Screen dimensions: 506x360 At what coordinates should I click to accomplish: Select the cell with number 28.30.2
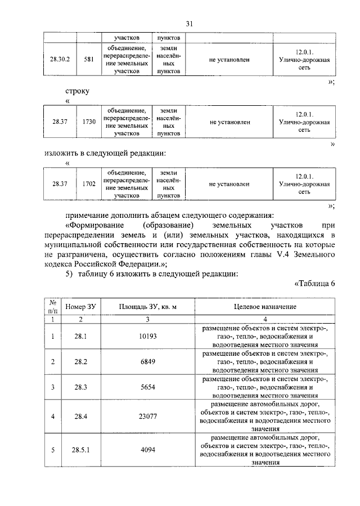tap(60, 59)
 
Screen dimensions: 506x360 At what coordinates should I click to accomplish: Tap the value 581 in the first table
tap(88, 59)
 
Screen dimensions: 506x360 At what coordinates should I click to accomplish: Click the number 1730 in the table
tap(88, 122)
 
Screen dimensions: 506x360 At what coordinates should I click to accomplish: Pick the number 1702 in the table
tap(88, 184)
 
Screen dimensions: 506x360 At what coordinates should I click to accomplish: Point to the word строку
tap(77, 90)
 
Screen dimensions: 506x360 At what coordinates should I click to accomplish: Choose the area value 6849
tap(148, 361)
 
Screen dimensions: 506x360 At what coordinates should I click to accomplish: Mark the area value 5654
tap(148, 387)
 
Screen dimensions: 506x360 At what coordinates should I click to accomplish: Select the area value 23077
tap(148, 417)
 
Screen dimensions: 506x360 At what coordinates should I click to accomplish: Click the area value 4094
tap(148, 450)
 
